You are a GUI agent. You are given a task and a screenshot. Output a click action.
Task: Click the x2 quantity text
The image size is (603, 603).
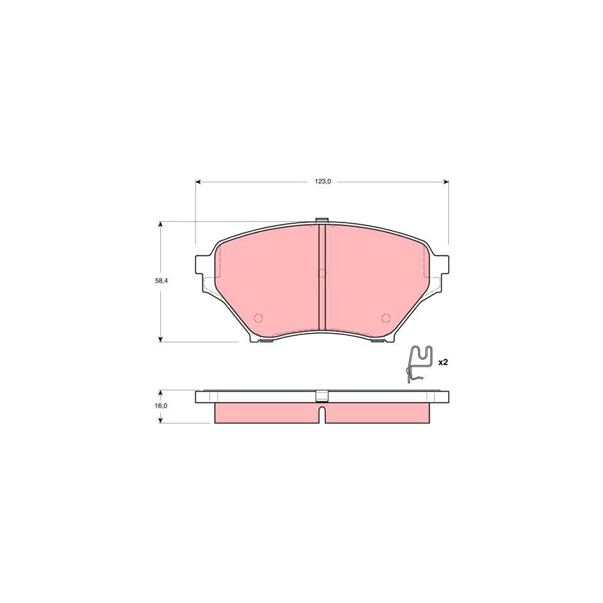442,362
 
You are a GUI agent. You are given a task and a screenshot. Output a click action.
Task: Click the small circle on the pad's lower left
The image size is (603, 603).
259,318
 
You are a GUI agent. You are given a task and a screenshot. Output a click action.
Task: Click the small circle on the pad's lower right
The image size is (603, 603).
385,318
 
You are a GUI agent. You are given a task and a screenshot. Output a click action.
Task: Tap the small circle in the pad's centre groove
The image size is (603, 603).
321,273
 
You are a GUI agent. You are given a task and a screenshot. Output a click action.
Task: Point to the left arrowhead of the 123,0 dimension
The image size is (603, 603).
198,182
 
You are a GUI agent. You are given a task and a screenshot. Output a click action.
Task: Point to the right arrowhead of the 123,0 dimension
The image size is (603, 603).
445,182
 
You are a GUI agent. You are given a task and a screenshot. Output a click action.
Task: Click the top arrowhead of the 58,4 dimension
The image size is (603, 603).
160,225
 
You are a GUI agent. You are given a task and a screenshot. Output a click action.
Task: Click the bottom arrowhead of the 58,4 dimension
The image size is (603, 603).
160,339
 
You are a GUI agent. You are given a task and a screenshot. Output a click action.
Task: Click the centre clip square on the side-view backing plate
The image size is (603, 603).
322,395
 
